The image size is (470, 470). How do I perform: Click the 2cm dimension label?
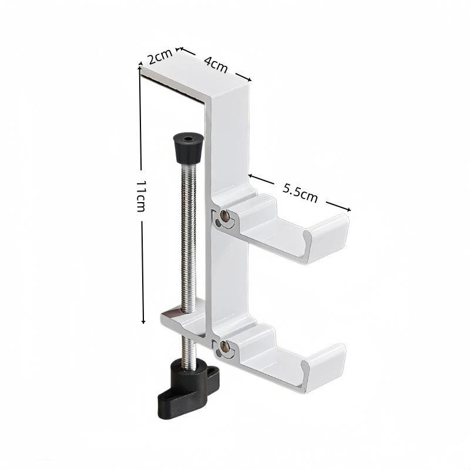[160, 56]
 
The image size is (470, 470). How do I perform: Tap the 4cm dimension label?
[216, 65]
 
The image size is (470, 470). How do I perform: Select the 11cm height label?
[140, 196]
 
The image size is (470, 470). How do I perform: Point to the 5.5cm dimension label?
[300, 193]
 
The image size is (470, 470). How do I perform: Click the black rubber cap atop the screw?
[188, 147]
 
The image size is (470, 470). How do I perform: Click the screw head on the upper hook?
[224, 215]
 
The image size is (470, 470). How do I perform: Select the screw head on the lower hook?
[224, 347]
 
